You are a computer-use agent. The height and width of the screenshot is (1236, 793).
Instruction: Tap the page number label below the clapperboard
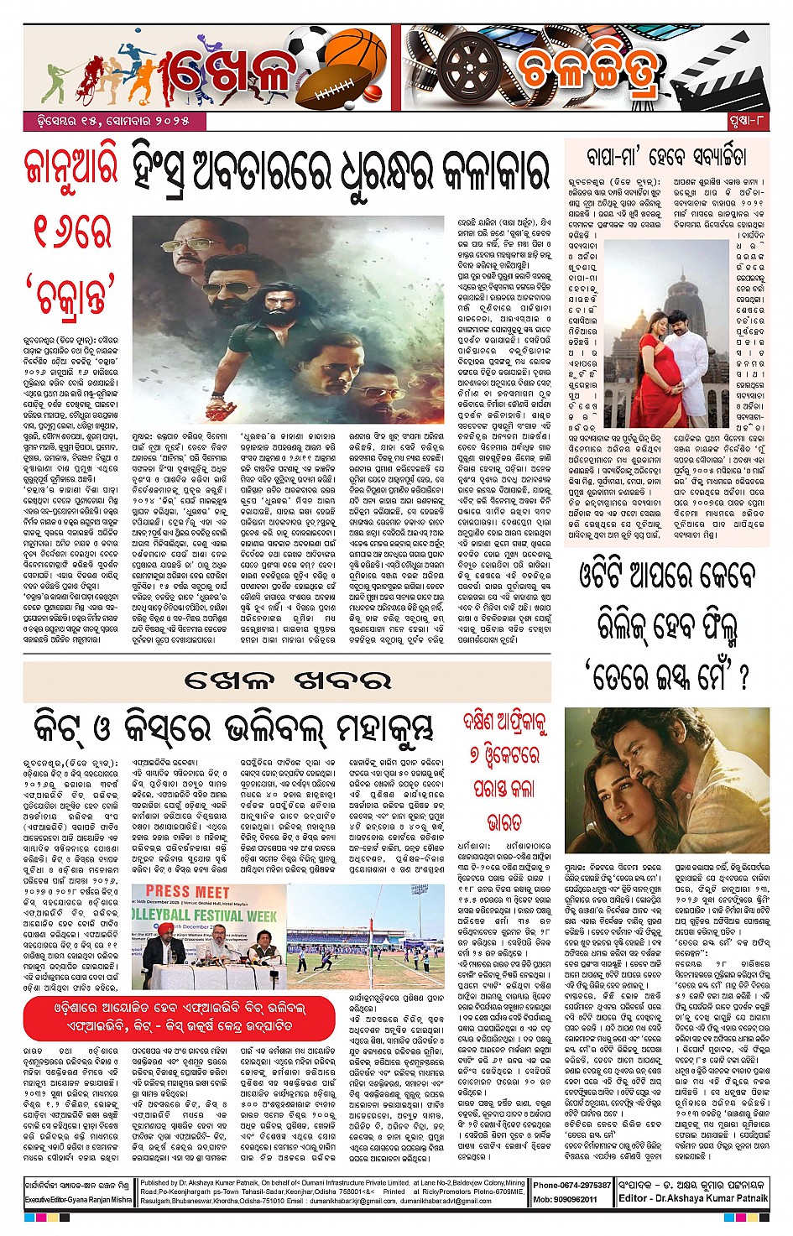tap(747, 122)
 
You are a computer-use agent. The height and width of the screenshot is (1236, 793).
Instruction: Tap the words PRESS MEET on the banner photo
tap(187, 891)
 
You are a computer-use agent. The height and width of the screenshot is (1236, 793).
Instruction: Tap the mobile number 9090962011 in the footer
tap(566, 1199)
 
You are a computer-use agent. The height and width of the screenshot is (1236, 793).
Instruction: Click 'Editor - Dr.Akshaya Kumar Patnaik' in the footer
tap(693, 1198)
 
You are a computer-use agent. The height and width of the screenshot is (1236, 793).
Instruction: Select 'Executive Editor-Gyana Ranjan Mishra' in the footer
tap(78, 1200)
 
